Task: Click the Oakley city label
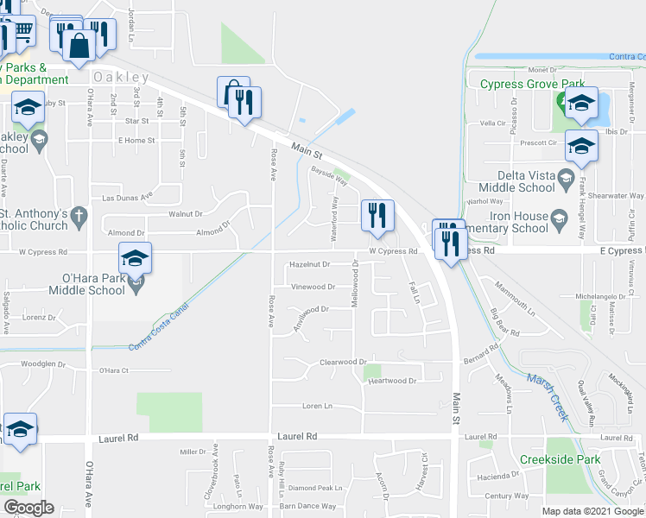(122, 77)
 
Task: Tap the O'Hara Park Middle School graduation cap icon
(136, 258)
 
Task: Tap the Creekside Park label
(560, 459)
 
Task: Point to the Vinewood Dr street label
(313, 287)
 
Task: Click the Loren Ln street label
(317, 406)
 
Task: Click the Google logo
(28, 508)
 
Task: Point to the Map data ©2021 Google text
(592, 511)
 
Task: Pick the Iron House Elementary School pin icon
(558, 216)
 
